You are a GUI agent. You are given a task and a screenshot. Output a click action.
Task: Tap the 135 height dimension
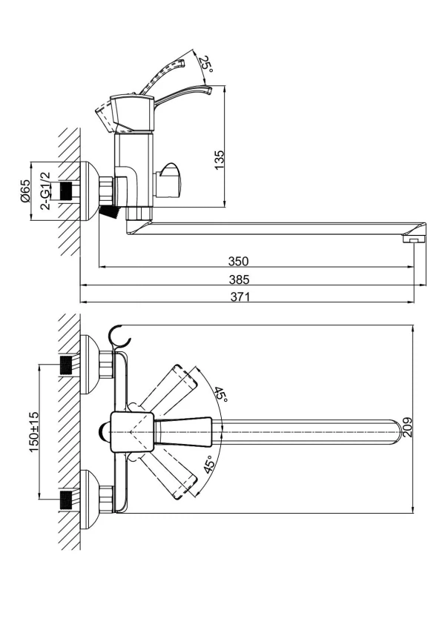(219, 160)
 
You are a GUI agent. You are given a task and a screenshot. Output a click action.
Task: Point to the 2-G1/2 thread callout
(45, 190)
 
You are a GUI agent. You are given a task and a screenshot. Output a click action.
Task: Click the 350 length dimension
(239, 261)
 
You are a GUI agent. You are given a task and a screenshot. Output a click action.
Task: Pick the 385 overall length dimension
(240, 279)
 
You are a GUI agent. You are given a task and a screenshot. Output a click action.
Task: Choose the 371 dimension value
(240, 297)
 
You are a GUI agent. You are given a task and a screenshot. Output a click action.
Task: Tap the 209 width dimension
(407, 428)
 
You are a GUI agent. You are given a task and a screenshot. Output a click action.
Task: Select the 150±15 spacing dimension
(34, 431)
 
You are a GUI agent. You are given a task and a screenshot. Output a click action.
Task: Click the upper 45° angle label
(220, 395)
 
